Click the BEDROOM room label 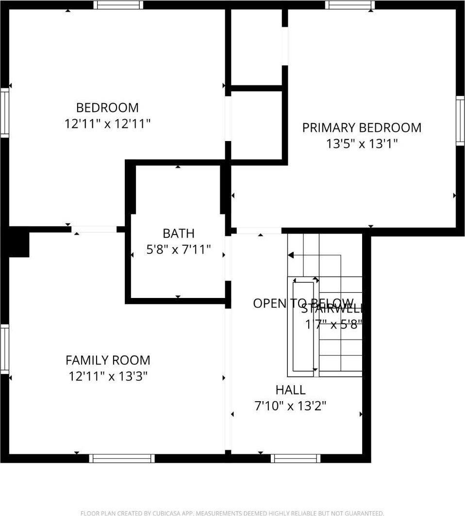coord(107,108)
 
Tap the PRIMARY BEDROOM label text coord(362,128)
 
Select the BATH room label coord(178,234)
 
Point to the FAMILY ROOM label coord(108,360)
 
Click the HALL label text coord(290,390)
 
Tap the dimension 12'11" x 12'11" coord(108,124)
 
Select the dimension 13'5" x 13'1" coord(362,144)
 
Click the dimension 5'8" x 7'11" coord(178,250)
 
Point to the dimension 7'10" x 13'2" coord(290,406)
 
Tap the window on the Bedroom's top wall coord(118,5)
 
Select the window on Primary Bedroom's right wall coord(460,120)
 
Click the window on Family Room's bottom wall coord(122,458)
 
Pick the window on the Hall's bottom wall coord(296,458)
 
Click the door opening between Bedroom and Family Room coord(94,229)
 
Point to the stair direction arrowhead coord(291,255)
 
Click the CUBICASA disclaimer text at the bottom coord(232,513)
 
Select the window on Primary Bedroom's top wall coord(349,5)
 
